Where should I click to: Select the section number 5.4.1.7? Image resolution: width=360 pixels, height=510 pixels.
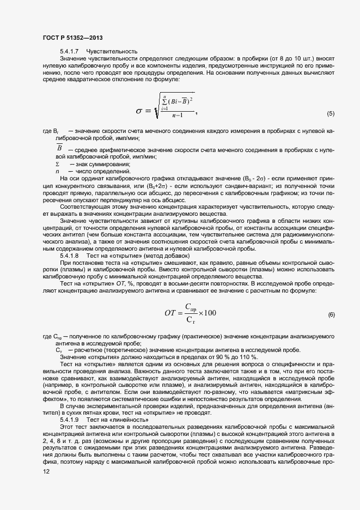click(70, 51)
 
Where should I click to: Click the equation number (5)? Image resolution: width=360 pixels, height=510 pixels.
click(331, 114)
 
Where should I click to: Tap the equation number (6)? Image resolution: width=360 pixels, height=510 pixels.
click(331, 314)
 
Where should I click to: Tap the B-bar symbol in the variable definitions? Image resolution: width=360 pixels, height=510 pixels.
click(59, 149)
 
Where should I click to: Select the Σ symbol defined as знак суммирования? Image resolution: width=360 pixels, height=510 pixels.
click(58, 164)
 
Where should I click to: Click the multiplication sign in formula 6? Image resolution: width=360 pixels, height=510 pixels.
click(199, 313)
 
